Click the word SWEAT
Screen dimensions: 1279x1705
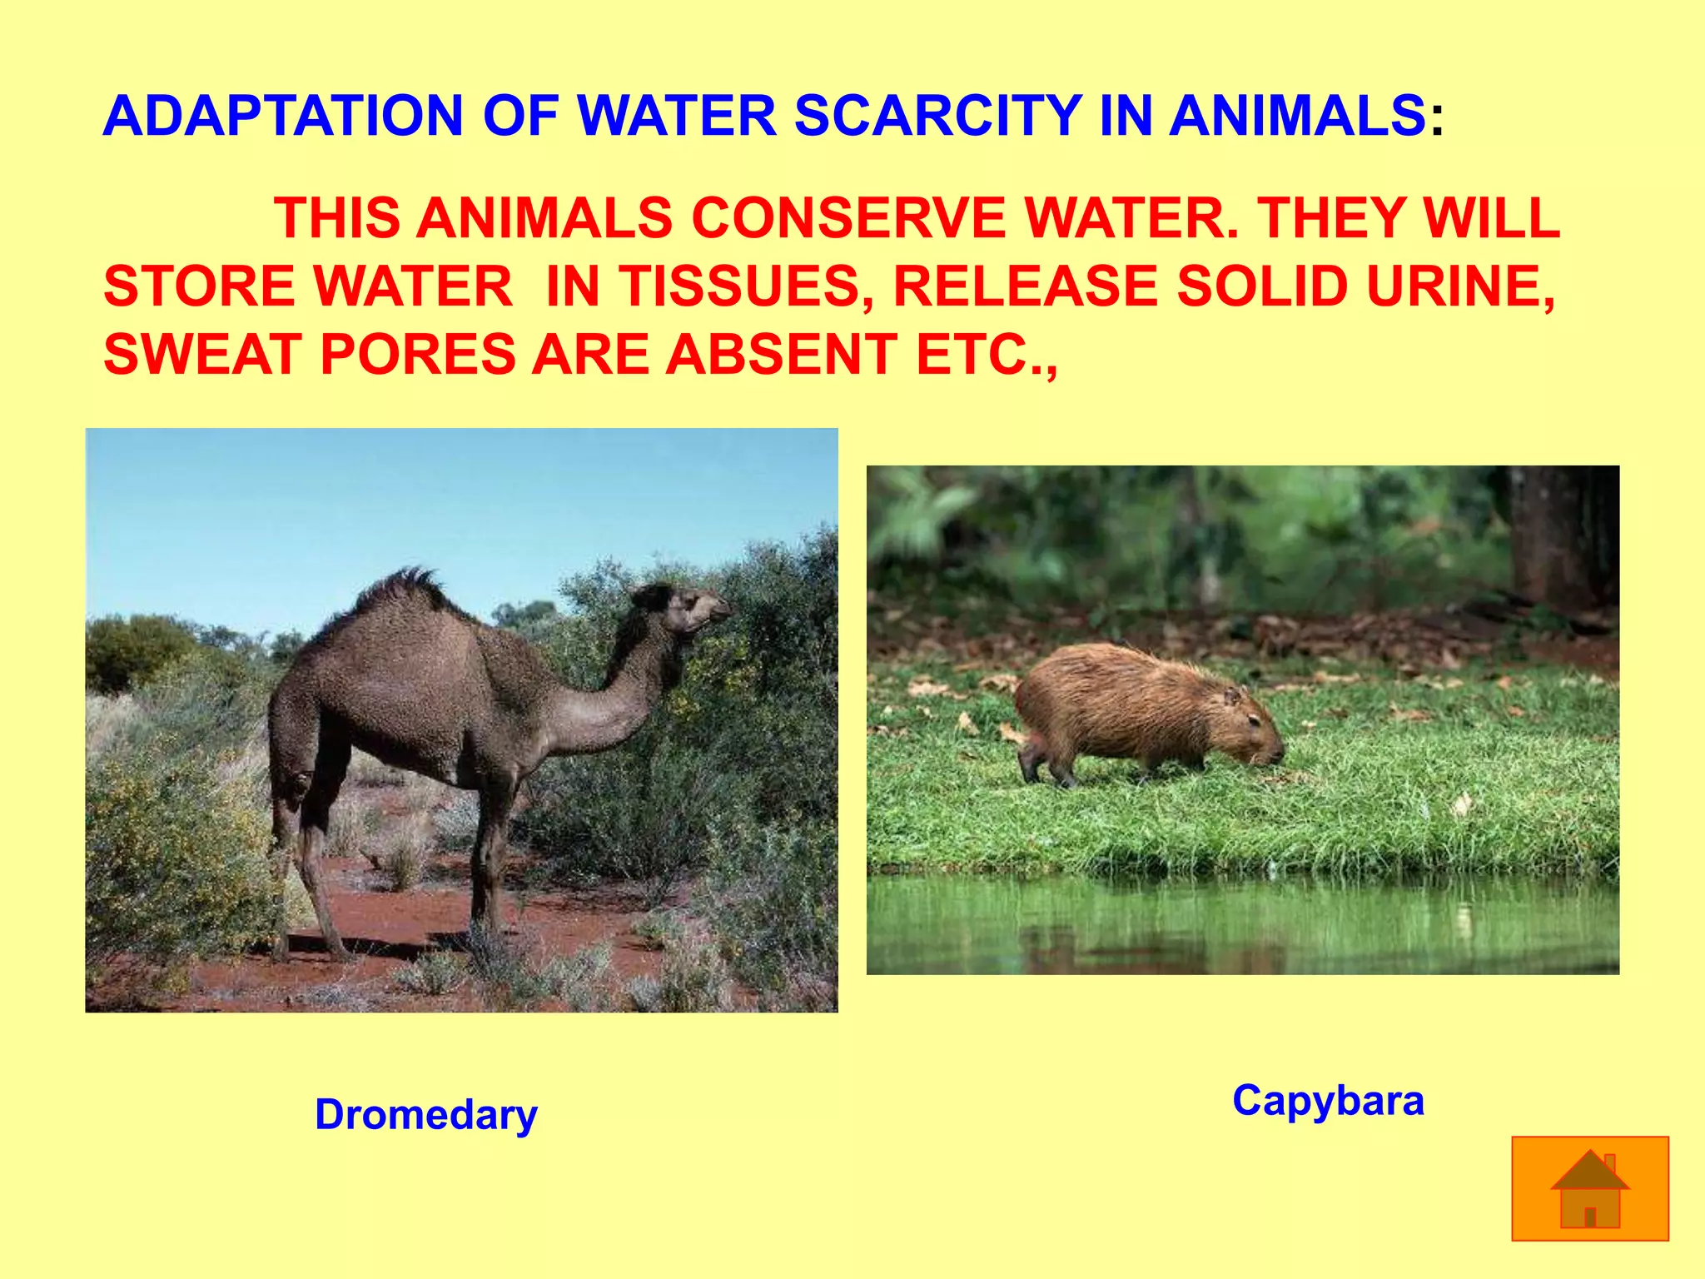point(202,355)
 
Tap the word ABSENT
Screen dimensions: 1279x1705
point(781,355)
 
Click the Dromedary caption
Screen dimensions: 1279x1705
point(426,1114)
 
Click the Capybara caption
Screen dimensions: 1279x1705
point(1328,1100)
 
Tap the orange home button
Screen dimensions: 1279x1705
point(1589,1188)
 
